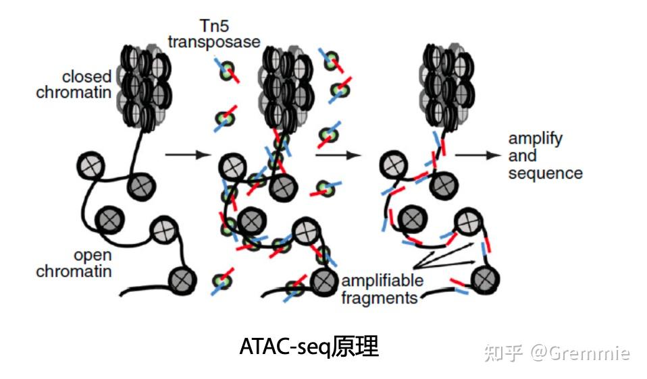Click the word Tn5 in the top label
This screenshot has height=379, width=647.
215,26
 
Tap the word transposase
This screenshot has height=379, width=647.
215,42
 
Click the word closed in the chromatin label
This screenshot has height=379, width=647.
87,76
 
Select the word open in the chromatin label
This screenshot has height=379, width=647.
93,256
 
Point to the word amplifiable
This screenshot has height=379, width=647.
382,281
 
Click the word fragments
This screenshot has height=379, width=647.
380,297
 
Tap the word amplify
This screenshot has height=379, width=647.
535,139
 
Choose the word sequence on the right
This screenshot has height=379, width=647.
545,173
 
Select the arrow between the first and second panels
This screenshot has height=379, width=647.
184,154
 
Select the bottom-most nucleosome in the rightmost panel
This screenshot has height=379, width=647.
484,277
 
